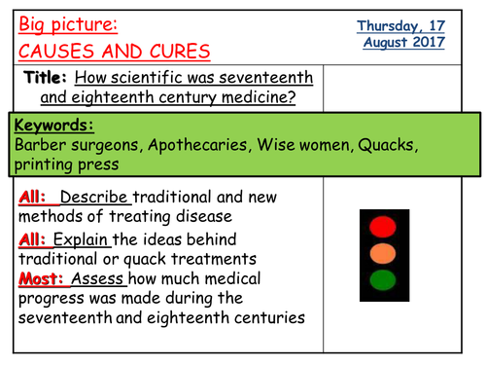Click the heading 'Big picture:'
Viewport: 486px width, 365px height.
click(65, 23)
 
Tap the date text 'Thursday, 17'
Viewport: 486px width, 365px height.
click(400, 25)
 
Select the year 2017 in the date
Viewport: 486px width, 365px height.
click(427, 42)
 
